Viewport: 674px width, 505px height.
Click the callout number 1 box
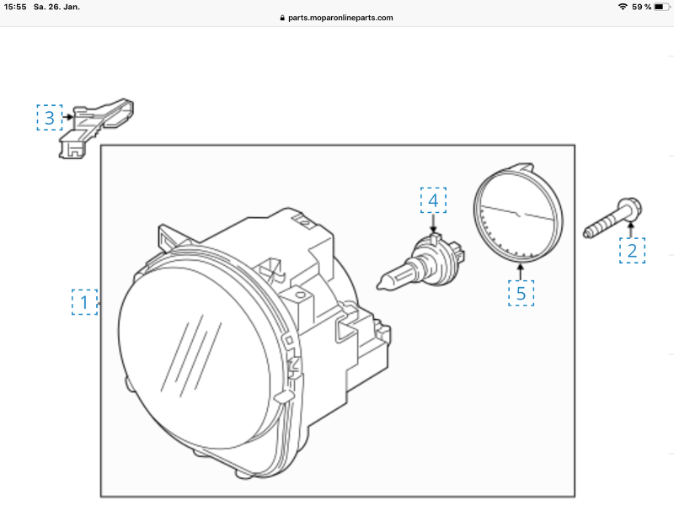tap(84, 302)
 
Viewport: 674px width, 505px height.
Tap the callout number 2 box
tap(632, 250)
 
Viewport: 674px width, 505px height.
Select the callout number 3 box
tap(50, 117)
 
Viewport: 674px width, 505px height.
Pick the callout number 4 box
tap(433, 200)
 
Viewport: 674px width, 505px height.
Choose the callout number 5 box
tap(521, 293)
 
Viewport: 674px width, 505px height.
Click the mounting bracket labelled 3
tap(95, 128)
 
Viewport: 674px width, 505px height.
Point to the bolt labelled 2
tap(612, 218)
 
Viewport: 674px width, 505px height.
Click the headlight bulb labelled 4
tap(421, 263)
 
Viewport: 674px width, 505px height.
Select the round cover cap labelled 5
tap(518, 213)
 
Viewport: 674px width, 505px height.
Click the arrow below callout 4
tap(433, 224)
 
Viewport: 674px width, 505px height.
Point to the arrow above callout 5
tap(521, 272)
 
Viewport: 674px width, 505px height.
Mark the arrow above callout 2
tap(631, 230)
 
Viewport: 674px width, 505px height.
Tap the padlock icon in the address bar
tap(282, 18)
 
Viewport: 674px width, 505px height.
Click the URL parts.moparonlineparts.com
tap(340, 18)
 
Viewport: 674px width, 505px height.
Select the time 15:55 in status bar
tap(15, 7)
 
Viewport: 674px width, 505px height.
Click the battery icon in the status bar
tap(661, 7)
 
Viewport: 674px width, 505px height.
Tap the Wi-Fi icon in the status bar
tap(623, 7)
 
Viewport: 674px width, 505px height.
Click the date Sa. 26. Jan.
tap(56, 7)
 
